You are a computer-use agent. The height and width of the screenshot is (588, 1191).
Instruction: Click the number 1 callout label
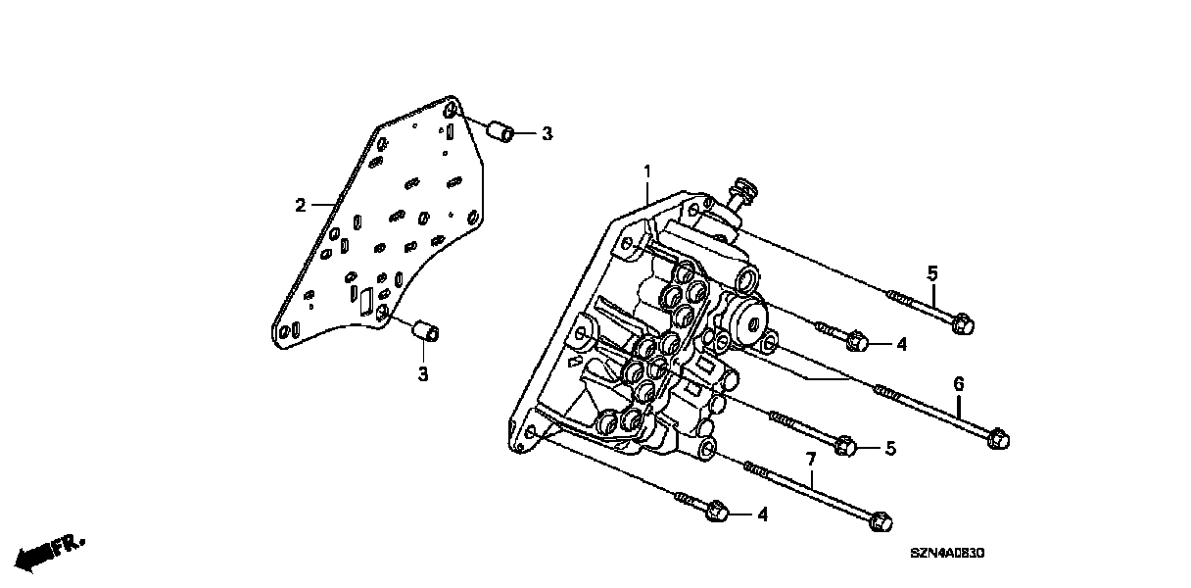click(x=647, y=172)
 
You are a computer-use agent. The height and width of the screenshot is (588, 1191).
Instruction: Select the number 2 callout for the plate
click(x=301, y=205)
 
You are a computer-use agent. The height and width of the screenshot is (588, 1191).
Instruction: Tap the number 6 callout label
click(x=959, y=384)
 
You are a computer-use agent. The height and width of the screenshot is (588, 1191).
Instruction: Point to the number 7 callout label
click(x=810, y=459)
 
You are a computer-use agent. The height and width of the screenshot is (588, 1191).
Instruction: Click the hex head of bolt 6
click(x=998, y=440)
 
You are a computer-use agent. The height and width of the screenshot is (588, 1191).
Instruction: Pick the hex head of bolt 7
click(x=880, y=520)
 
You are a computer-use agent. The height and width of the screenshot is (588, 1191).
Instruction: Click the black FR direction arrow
click(x=39, y=556)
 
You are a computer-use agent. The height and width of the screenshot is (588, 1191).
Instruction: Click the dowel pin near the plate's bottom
click(x=427, y=332)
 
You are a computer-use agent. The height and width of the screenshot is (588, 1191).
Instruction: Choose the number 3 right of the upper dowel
click(x=547, y=133)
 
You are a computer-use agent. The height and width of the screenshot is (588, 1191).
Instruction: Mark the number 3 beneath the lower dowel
click(x=423, y=373)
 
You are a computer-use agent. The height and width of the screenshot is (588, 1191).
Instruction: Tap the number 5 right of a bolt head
click(x=890, y=449)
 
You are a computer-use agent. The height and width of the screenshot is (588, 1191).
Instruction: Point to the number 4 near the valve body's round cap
click(x=901, y=344)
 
